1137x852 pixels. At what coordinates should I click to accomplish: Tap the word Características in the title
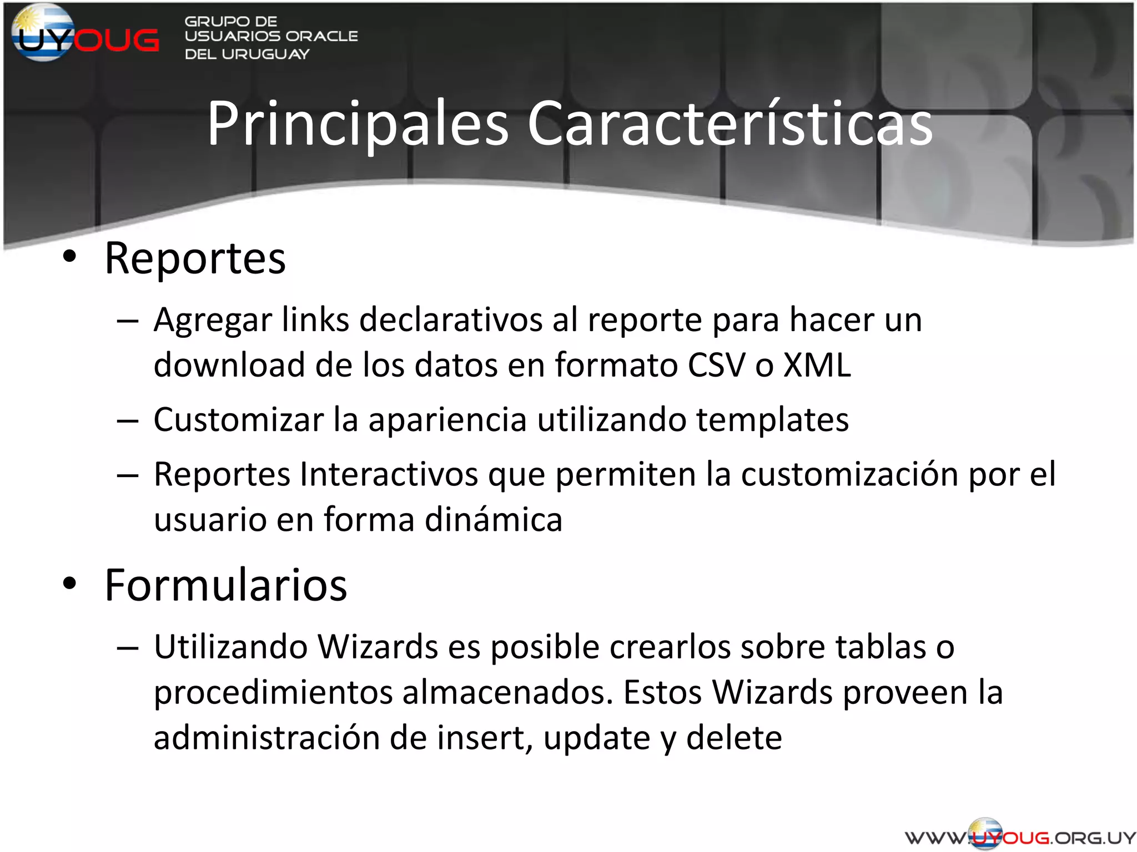tap(730, 125)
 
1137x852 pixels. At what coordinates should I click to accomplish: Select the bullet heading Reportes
tap(195, 259)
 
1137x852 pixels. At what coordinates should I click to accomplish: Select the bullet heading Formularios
tap(225, 586)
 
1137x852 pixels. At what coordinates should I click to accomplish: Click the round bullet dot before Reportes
tap(69, 257)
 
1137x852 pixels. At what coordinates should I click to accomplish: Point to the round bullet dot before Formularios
tap(69, 584)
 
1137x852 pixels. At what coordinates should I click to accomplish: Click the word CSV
tap(716, 366)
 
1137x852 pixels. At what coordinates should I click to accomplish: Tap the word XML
tap(817, 366)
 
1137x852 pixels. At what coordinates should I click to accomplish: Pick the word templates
tap(772, 420)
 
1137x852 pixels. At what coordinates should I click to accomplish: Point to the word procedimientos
tap(273, 693)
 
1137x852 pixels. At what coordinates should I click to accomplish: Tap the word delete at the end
tap(734, 738)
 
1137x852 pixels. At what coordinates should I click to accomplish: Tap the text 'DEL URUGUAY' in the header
tap(246, 54)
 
